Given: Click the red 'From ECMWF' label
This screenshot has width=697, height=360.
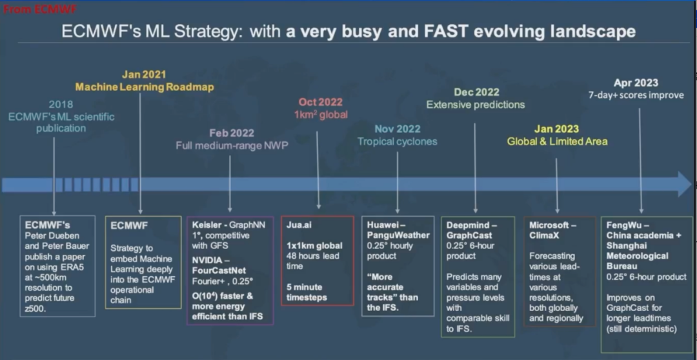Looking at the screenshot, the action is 40,9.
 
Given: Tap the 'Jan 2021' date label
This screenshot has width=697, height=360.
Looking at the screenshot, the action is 144,75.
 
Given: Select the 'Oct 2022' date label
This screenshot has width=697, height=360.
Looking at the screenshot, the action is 321,102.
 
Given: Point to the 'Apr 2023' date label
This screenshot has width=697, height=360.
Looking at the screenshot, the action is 636,83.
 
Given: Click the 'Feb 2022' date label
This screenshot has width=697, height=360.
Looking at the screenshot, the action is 232,133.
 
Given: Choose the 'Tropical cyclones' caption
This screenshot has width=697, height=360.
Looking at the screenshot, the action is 398,141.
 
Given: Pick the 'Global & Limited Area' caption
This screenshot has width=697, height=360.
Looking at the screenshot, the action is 557,141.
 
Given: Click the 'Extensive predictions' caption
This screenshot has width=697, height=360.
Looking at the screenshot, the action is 476,105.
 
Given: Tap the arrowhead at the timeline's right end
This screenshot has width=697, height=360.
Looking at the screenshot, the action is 685,184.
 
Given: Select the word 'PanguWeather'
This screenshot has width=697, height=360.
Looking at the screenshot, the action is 398,235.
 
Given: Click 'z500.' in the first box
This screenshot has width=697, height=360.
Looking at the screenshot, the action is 35,308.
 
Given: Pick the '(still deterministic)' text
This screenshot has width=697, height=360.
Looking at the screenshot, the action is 641,329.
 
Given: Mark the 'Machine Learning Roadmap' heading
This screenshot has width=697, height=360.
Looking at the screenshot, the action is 145,87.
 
